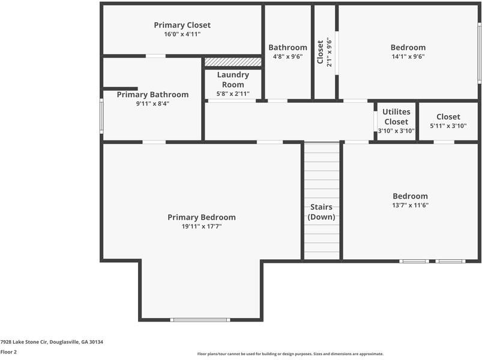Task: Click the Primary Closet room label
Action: tap(182, 25)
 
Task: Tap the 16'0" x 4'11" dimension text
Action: tap(182, 34)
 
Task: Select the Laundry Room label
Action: tap(233, 80)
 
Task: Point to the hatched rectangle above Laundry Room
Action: tap(233, 62)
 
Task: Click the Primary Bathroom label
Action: tap(152, 95)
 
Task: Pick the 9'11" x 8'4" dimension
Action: tap(152, 103)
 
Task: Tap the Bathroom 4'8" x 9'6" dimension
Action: tap(288, 56)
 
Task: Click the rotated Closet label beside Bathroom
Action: tap(320, 52)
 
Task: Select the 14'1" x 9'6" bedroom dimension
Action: tap(408, 56)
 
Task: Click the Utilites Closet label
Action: tap(396, 116)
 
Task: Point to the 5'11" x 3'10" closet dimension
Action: tap(448, 126)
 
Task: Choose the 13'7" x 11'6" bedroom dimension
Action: tap(410, 205)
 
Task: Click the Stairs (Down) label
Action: tap(321, 212)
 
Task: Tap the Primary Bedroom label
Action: tap(201, 217)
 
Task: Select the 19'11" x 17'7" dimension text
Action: tap(201, 226)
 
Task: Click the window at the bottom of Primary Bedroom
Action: tap(200, 320)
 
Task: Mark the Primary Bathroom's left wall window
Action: tap(101, 116)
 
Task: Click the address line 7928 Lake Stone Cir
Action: tap(52, 342)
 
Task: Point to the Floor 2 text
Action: tap(8, 352)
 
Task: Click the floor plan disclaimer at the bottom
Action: tap(290, 354)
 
